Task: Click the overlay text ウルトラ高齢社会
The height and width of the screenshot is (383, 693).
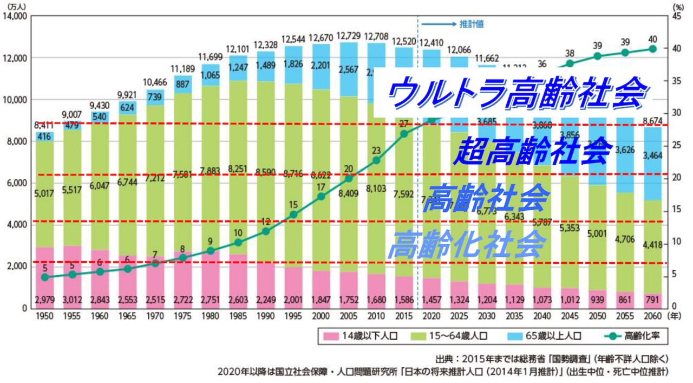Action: point(518,92)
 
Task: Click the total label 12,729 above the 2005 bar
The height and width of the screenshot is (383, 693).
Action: point(349,35)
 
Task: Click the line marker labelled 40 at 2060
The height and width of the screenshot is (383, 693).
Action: point(652,49)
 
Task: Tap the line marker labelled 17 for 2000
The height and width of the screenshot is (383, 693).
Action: point(321,197)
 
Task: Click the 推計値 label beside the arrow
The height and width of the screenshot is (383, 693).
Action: point(472,24)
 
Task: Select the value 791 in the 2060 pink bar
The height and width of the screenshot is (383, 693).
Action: point(652,300)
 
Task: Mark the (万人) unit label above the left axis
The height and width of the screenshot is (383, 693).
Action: point(15,6)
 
